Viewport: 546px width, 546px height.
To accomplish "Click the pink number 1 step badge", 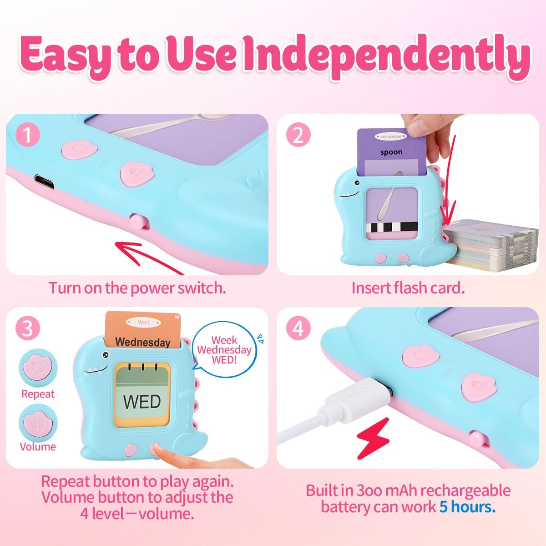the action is [x=28, y=135].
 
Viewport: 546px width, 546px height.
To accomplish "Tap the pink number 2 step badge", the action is [x=298, y=135].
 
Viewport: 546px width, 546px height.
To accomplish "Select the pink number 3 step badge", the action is [x=28, y=329].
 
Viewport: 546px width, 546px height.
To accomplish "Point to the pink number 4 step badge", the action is [x=298, y=329].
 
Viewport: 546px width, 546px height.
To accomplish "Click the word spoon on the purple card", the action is [x=391, y=152].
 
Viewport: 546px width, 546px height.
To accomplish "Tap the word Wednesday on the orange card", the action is [x=143, y=342].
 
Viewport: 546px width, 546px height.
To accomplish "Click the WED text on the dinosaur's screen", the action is [x=142, y=401].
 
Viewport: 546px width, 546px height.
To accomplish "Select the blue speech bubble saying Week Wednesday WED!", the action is [x=224, y=349].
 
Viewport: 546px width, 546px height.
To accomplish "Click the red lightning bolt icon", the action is [x=373, y=438].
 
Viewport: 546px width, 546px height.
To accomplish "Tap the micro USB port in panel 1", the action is [x=45, y=182].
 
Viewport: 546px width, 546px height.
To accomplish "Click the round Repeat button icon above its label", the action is [x=38, y=368].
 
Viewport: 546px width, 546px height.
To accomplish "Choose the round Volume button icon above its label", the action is [x=38, y=423].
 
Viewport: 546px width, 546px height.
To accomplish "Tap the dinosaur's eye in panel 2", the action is [x=357, y=183].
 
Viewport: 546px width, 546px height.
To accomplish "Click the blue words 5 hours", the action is [x=468, y=507].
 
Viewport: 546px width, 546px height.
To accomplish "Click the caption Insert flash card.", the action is [x=408, y=288].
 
